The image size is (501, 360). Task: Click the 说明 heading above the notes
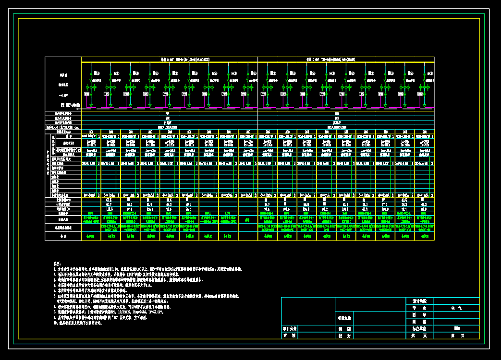coord(56,264)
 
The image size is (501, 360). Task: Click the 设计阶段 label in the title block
coord(419,301)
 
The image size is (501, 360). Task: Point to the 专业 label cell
coord(419,308)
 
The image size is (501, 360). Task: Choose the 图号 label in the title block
coord(419,315)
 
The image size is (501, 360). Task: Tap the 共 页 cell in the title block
coord(419,336)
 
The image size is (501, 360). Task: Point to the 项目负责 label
coord(290,329)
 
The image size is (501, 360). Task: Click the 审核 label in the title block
coord(289,336)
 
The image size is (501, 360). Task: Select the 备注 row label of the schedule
coord(63,236)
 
